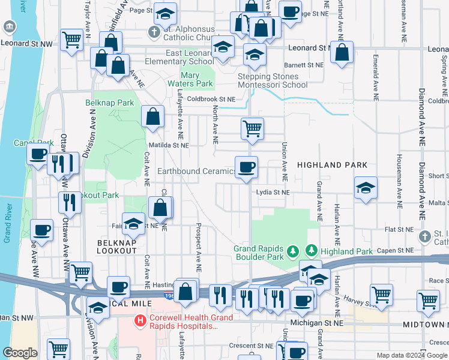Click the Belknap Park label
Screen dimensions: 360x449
(x=109, y=103)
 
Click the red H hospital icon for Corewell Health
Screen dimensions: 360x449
(x=140, y=321)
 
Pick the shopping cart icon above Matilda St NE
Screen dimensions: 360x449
(x=253, y=128)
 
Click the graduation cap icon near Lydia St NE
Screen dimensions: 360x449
(x=366, y=187)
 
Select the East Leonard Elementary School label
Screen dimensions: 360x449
(x=190, y=57)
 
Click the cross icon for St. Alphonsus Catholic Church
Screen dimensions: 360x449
(x=154, y=32)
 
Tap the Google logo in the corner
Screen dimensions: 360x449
(x=20, y=353)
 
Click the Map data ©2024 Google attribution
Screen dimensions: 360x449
(x=412, y=355)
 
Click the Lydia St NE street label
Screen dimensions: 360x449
(x=273, y=193)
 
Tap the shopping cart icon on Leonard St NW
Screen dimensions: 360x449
(x=72, y=40)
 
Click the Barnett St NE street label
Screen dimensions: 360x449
(x=303, y=65)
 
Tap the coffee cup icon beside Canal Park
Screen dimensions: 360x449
(x=38, y=153)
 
